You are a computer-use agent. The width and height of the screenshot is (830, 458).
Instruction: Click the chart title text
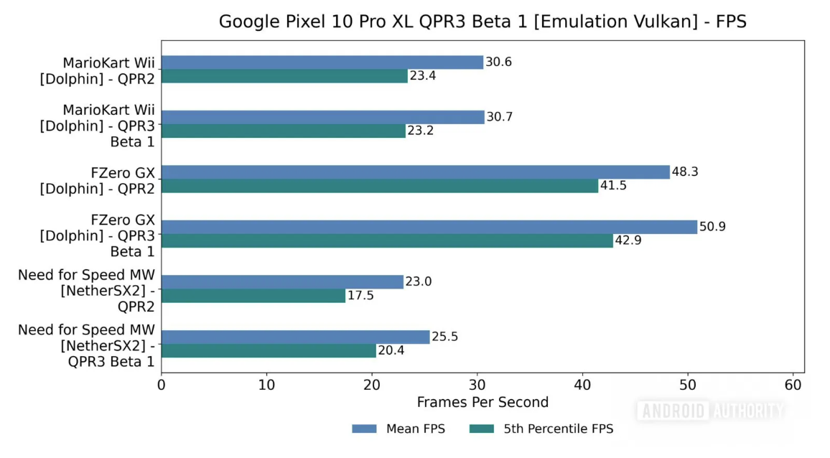pyautogui.click(x=482, y=22)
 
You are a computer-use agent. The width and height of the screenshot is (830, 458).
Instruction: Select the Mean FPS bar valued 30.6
pyautogui.click(x=322, y=62)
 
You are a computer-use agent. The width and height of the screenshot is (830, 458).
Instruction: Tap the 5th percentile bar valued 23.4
pyautogui.click(x=284, y=76)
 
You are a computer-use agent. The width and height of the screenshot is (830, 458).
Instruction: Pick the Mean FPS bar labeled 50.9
pyautogui.click(x=429, y=227)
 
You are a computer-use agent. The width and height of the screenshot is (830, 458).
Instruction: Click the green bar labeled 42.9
pyautogui.click(x=387, y=240)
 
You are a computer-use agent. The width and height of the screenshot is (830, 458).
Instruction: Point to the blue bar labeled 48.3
pyautogui.click(x=415, y=172)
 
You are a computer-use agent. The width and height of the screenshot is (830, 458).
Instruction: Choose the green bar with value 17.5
pyautogui.click(x=253, y=296)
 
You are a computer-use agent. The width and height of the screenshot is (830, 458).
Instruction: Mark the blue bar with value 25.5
pyautogui.click(x=295, y=337)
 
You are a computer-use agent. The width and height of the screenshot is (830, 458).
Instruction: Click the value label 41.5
pyautogui.click(x=615, y=186)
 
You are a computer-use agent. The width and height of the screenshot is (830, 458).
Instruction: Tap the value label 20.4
pyautogui.click(x=392, y=351)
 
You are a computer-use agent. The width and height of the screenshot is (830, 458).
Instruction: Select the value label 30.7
pyautogui.click(x=500, y=117)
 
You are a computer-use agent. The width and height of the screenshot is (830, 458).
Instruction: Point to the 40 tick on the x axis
pyautogui.click(x=582, y=385)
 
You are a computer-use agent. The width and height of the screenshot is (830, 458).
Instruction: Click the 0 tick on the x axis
pyautogui.click(x=161, y=385)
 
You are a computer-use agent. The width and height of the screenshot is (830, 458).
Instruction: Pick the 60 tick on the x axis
pyautogui.click(x=793, y=385)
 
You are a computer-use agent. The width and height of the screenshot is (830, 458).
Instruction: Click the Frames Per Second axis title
pyautogui.click(x=482, y=402)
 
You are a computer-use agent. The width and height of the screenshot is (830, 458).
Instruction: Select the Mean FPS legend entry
pyautogui.click(x=398, y=429)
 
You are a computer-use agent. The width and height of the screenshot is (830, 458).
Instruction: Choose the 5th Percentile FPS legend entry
pyautogui.click(x=541, y=429)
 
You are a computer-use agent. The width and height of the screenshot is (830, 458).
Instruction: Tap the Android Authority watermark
pyautogui.click(x=710, y=411)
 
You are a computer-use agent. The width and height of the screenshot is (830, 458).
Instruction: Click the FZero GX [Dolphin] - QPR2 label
pyautogui.click(x=98, y=179)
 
